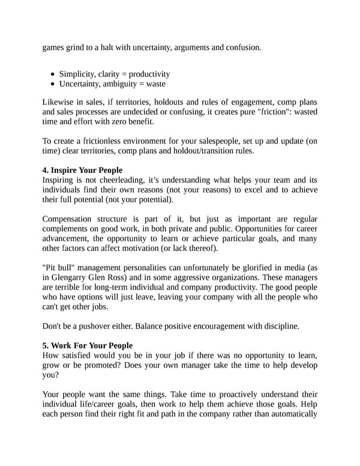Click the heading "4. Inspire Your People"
click(82, 170)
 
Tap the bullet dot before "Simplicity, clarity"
click(53, 74)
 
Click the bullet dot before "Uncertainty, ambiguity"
click(53, 84)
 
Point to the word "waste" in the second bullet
click(154, 84)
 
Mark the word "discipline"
click(279, 326)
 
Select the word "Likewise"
click(60, 101)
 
